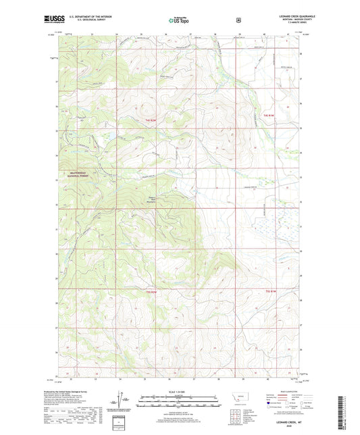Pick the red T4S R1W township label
point(267,116)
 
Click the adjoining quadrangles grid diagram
point(236,411)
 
